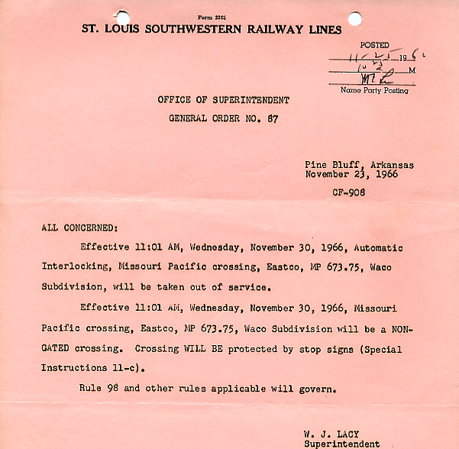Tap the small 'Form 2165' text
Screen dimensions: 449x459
coord(212,17)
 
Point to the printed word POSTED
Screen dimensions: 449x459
coord(374,45)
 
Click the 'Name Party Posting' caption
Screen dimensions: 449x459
coord(374,91)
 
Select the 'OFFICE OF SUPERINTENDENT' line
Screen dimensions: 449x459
coord(223,100)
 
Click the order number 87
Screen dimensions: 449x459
coord(273,118)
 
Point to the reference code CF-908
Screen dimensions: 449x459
coord(348,192)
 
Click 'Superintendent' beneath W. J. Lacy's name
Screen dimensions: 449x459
coord(341,444)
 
